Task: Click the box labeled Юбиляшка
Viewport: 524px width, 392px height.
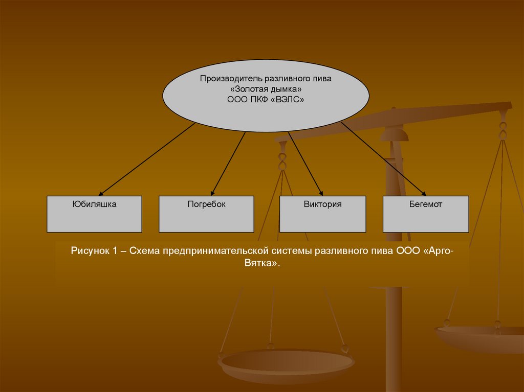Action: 95,214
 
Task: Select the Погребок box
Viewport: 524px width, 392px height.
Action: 206,214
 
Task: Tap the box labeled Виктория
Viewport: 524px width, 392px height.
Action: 322,214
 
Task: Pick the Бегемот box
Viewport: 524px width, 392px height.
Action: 426,214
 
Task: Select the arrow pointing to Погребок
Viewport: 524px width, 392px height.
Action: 228,164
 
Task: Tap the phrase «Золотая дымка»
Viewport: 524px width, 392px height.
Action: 266,89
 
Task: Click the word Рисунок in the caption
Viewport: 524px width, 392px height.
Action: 90,251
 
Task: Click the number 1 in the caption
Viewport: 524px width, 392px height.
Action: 116,251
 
